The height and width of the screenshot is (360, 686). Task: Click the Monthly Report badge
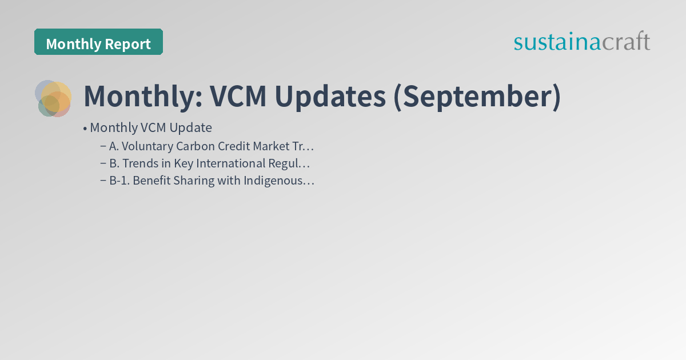click(x=98, y=43)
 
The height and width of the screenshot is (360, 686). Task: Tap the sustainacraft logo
click(x=581, y=42)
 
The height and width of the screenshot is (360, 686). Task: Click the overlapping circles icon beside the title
click(x=53, y=98)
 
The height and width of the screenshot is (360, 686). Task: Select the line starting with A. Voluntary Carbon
click(x=212, y=146)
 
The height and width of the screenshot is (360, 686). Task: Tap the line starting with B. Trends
click(x=209, y=163)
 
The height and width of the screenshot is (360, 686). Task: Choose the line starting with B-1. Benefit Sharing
click(x=212, y=181)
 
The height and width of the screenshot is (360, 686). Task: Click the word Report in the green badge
click(x=130, y=44)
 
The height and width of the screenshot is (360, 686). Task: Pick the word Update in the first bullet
click(x=190, y=127)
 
